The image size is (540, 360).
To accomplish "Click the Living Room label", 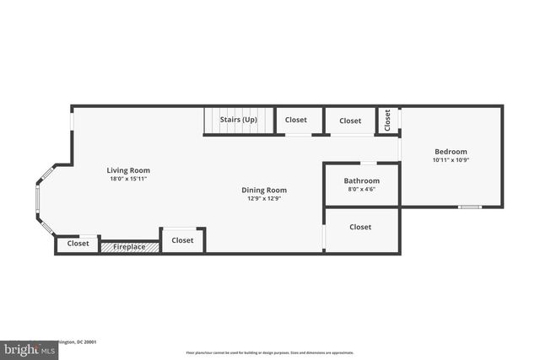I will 128,170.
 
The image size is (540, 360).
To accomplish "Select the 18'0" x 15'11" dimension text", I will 128,179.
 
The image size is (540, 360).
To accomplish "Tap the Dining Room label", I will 264,191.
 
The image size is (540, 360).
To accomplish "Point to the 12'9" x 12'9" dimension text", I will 264,199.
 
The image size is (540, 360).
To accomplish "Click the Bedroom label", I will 450,152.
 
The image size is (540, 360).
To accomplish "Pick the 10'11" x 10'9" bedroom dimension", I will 450,160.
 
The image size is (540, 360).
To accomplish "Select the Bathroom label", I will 361,180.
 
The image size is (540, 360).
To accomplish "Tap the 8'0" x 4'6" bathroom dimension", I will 361,189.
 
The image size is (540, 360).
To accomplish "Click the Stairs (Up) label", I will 239,120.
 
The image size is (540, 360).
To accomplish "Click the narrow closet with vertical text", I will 388,120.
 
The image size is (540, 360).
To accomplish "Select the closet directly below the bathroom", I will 360,228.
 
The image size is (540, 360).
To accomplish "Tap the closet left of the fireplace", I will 78,244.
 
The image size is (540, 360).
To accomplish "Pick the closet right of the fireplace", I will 182,240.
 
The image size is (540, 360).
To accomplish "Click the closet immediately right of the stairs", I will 296,121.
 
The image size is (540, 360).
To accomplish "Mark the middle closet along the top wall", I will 350,121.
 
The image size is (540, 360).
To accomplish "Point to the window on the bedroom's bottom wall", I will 470,207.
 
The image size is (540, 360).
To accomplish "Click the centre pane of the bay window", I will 36,200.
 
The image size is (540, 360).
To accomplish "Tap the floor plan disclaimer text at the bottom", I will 271,352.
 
